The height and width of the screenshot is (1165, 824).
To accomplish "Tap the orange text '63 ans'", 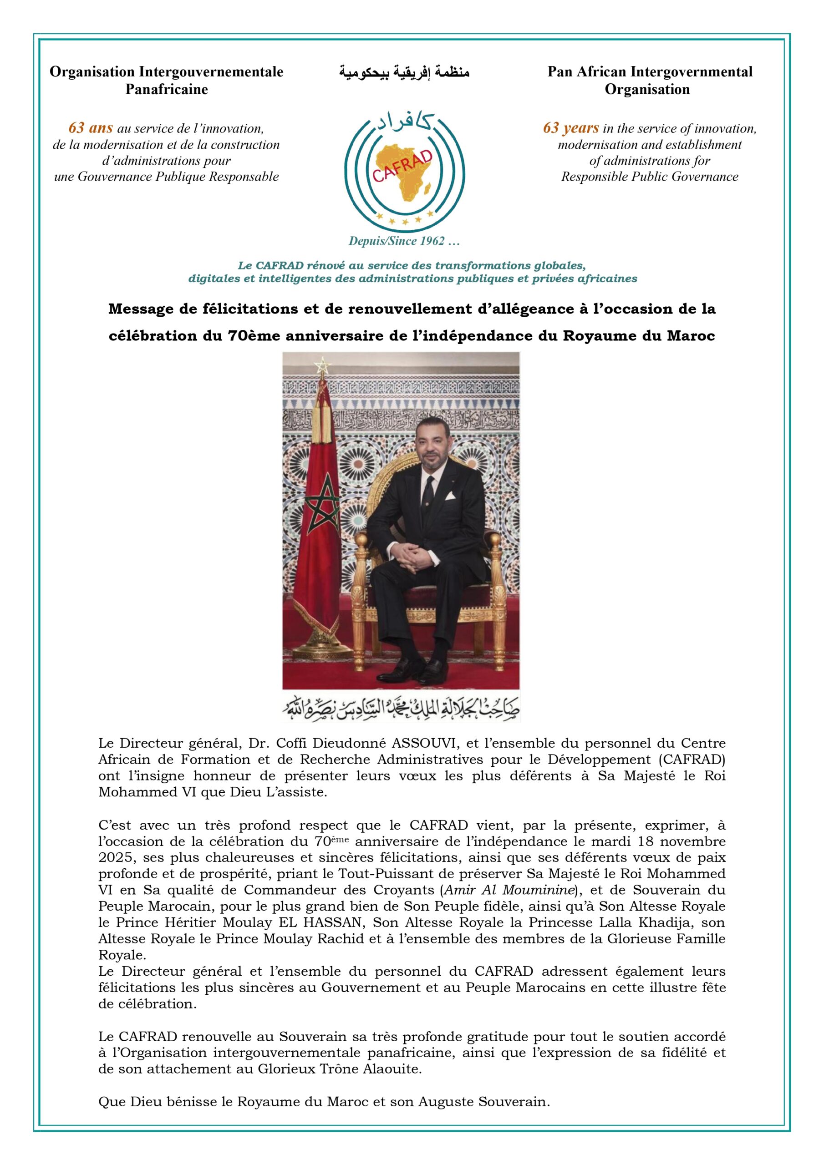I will pyautogui.click(x=91, y=128).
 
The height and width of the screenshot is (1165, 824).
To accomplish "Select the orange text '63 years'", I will pyautogui.click(x=571, y=128).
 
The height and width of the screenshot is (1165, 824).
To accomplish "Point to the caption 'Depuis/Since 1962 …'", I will pyautogui.click(x=404, y=241).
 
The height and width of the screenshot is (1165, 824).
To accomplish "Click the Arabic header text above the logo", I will pyautogui.click(x=404, y=72).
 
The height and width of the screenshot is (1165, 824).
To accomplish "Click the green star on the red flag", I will pyautogui.click(x=322, y=502).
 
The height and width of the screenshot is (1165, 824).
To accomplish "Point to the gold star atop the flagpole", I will pyautogui.click(x=321, y=365).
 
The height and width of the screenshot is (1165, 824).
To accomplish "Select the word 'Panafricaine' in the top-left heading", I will pyautogui.click(x=167, y=90).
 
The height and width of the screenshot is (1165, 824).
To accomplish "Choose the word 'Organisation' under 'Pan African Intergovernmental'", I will pyautogui.click(x=647, y=90).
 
